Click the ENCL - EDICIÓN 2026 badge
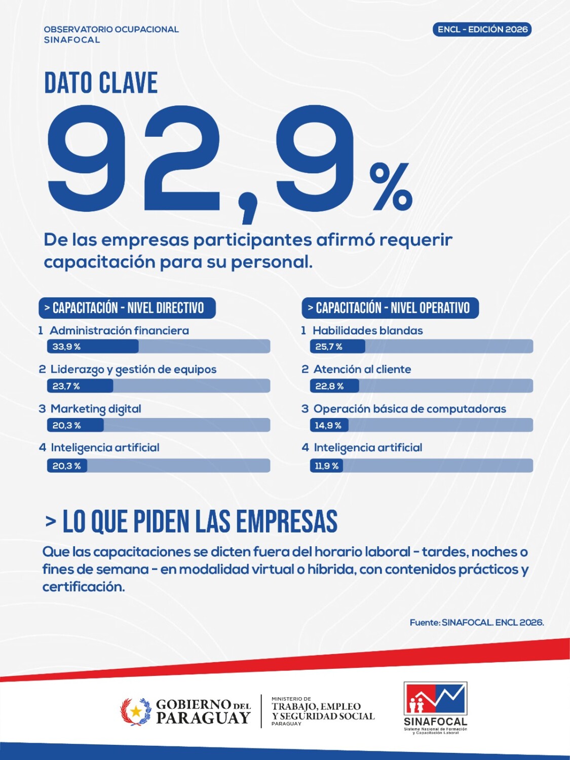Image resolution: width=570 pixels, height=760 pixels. [482, 29]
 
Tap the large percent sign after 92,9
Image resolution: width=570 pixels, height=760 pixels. [391, 187]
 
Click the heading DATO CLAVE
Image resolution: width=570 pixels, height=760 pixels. [101, 83]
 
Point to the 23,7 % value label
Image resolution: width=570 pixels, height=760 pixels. [66, 386]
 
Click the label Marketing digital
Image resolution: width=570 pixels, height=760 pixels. [96, 409]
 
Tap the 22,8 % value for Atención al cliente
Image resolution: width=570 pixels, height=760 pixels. [329, 386]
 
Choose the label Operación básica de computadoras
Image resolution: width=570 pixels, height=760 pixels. [410, 409]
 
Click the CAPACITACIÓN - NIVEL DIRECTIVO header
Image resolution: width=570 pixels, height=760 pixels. [127, 308]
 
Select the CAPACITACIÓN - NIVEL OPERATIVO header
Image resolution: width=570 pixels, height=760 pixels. [390, 308]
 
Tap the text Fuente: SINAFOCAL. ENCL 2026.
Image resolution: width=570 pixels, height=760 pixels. [477, 623]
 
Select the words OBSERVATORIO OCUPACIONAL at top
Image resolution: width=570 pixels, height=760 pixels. [111, 29]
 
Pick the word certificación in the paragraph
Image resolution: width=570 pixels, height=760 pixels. [84, 587]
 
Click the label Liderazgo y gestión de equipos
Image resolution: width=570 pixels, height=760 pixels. [134, 370]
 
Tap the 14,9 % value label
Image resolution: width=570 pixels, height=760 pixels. [328, 426]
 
